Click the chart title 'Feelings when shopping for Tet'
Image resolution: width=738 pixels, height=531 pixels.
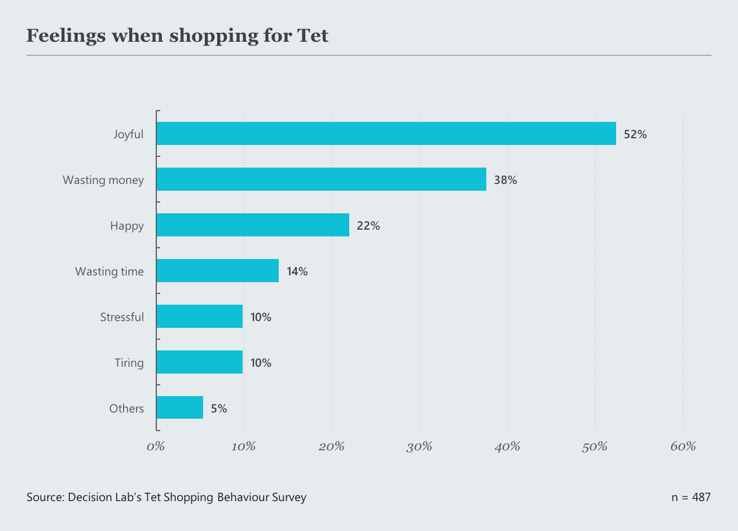pyautogui.click(x=177, y=36)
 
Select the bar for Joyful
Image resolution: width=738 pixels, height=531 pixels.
pyautogui.click(x=386, y=134)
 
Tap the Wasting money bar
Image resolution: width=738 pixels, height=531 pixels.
pyautogui.click(x=321, y=179)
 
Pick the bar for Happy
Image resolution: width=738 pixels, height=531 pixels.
pyautogui.click(x=253, y=225)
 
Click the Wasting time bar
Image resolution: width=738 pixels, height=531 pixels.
pyautogui.click(x=217, y=271)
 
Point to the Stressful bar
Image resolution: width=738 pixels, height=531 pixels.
pyautogui.click(x=199, y=317)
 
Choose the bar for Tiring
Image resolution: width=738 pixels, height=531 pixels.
pyautogui.click(x=199, y=362)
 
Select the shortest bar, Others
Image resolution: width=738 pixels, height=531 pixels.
pyautogui.click(x=179, y=408)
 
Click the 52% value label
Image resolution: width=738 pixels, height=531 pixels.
pyautogui.click(x=635, y=134)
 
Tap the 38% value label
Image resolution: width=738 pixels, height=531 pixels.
pyautogui.click(x=505, y=180)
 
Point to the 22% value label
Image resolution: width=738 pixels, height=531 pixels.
pyautogui.click(x=368, y=226)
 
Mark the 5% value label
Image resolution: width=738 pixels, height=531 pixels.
pyautogui.click(x=219, y=409)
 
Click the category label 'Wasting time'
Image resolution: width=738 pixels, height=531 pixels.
pyautogui.click(x=109, y=271)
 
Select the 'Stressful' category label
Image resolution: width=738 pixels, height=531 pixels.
pyautogui.click(x=122, y=317)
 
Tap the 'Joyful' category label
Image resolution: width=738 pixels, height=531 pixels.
pyautogui.click(x=129, y=134)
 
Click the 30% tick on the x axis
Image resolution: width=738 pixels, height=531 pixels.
pyautogui.click(x=419, y=447)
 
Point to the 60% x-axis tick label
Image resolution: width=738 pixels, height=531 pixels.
pyautogui.click(x=683, y=447)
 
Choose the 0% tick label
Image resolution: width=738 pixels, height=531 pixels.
pyautogui.click(x=156, y=447)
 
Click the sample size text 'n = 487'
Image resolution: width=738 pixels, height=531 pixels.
pyautogui.click(x=691, y=497)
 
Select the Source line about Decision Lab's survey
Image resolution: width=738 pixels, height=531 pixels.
pyautogui.click(x=166, y=497)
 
